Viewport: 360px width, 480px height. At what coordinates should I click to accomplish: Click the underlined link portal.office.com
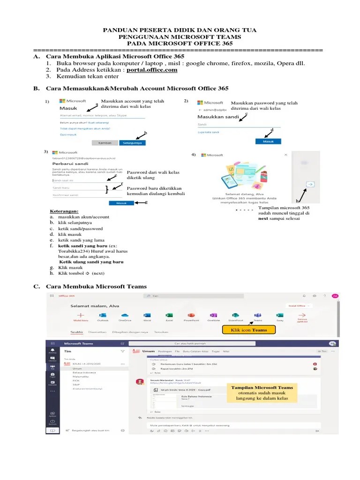[x=152, y=70]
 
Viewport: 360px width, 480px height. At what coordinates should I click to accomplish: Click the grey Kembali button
[x=105, y=142]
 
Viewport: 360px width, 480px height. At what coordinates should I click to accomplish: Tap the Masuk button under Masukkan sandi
[x=268, y=141]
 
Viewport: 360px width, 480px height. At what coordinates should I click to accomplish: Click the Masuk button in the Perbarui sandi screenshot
[x=121, y=203]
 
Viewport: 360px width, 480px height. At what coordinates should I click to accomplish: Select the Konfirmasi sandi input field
[x=80, y=195]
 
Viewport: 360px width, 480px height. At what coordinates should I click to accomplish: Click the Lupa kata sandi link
[x=208, y=133]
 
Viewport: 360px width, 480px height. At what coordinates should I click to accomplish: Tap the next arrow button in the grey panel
[x=310, y=185]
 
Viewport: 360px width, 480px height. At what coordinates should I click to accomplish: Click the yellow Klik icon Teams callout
[x=248, y=330]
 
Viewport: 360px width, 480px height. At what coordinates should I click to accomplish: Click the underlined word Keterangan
[x=64, y=211]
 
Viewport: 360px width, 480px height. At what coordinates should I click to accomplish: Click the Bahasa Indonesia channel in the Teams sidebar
[x=82, y=373]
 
